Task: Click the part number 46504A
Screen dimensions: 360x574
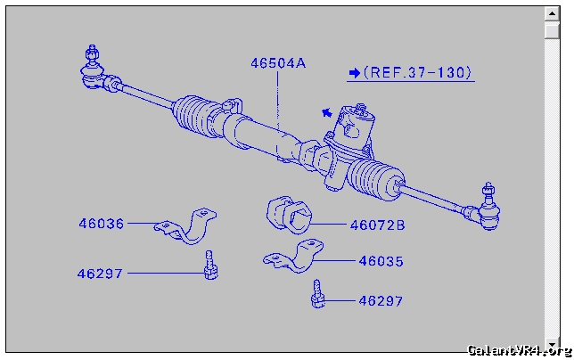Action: (x=278, y=63)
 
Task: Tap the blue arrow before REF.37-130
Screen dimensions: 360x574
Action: (x=355, y=73)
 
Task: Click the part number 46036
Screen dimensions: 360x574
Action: (x=101, y=225)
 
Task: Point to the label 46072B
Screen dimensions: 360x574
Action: (x=377, y=225)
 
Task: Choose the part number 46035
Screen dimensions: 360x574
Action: (x=381, y=262)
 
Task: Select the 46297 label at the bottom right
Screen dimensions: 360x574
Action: (x=381, y=301)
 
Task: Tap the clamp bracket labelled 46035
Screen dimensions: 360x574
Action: (x=294, y=258)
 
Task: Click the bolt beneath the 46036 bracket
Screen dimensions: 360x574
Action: (x=209, y=266)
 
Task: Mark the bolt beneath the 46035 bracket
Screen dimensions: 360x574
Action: (x=318, y=295)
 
